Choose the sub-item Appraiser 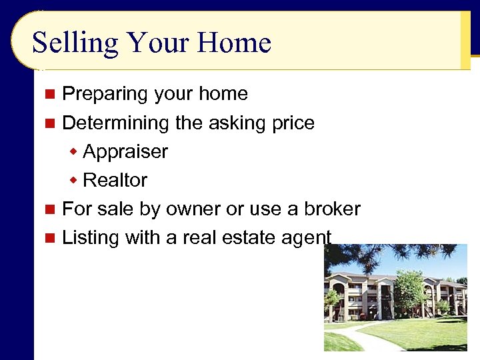(x=125, y=152)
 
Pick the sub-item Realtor (x=115, y=180)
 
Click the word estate (x=251, y=237)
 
